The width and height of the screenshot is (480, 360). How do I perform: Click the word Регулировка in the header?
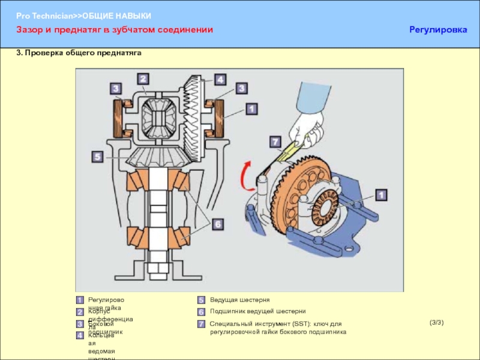437,29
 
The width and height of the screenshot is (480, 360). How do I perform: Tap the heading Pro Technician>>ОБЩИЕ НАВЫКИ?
84,15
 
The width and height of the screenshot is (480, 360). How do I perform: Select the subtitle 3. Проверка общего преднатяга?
78,53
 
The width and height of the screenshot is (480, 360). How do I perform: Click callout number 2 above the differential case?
143,79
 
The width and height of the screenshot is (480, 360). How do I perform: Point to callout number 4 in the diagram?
220,79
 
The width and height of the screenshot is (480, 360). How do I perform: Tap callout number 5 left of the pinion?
97,157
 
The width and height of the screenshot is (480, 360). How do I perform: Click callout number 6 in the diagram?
218,224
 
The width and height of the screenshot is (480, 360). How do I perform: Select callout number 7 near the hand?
275,142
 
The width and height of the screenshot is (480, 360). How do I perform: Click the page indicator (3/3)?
436,323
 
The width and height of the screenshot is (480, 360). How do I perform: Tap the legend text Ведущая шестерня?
239,299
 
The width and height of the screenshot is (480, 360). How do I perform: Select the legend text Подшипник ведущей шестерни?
257,311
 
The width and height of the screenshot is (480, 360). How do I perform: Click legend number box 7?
202,324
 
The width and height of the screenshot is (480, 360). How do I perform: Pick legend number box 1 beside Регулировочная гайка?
80,299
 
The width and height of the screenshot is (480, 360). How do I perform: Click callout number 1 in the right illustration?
380,194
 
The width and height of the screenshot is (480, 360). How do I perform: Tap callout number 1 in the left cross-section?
251,109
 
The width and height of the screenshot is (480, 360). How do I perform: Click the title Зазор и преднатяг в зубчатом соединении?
114,29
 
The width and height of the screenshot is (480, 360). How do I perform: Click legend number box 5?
202,299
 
